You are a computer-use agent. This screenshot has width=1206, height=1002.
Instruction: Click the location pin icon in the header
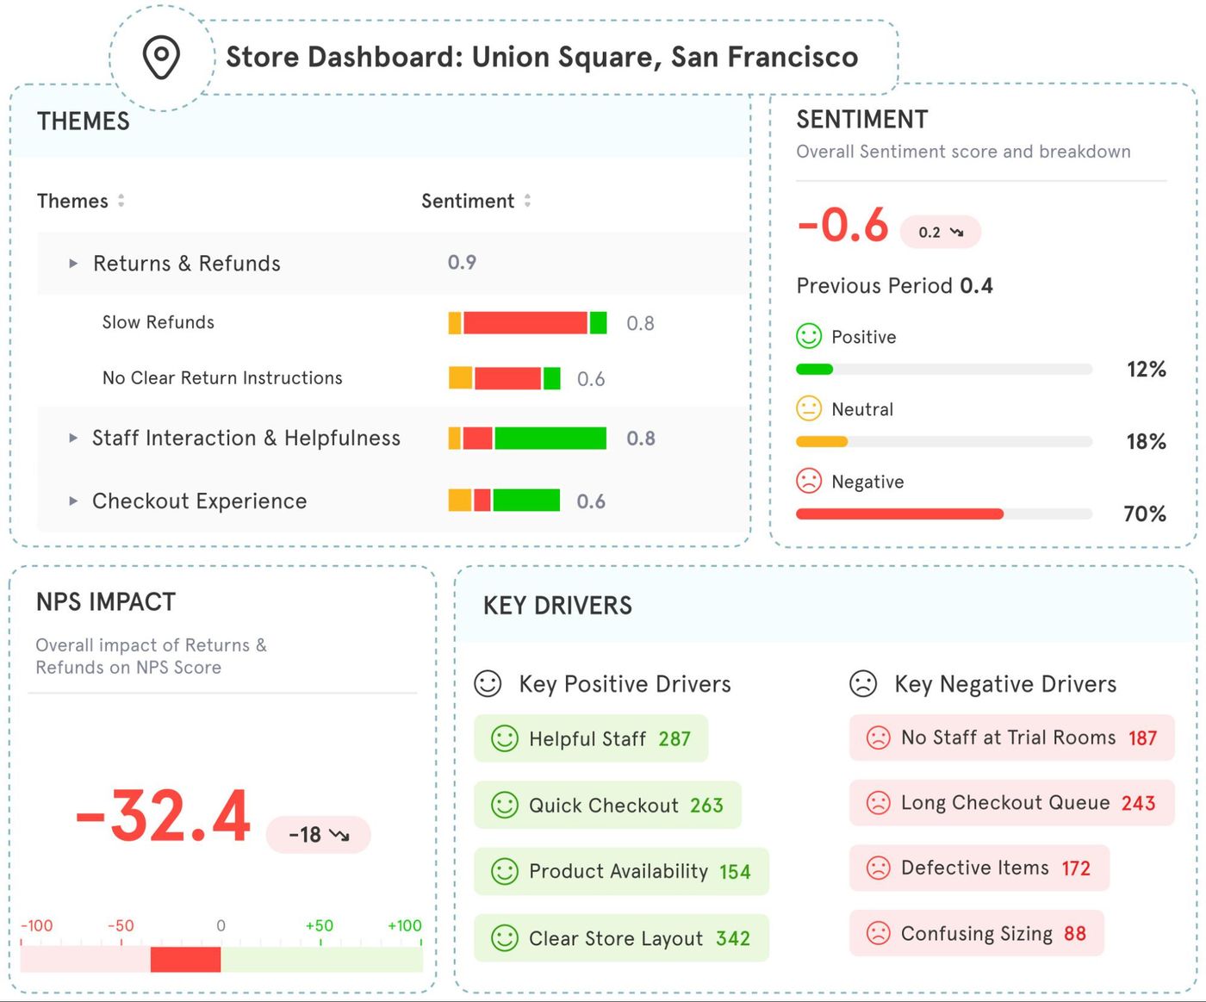pyautogui.click(x=161, y=57)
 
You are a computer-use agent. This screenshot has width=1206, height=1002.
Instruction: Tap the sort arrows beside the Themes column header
pyautogui.click(x=121, y=201)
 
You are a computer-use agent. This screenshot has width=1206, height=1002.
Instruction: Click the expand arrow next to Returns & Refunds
pyautogui.click(x=73, y=264)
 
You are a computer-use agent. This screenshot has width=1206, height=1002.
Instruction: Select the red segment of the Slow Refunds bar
pyautogui.click(x=525, y=323)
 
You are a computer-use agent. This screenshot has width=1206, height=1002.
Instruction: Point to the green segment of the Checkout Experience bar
pyautogui.click(x=525, y=501)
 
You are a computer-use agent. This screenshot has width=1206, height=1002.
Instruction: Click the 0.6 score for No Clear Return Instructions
pyautogui.click(x=591, y=379)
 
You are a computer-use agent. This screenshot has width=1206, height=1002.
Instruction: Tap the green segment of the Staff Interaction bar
pyautogui.click(x=550, y=439)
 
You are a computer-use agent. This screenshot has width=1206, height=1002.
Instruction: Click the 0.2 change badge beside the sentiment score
pyautogui.click(x=940, y=232)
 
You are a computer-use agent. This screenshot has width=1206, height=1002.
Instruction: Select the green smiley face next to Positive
pyautogui.click(x=809, y=336)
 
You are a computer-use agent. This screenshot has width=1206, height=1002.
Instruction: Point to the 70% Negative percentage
pyautogui.click(x=1145, y=514)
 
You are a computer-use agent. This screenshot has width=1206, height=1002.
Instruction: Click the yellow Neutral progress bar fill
pyautogui.click(x=822, y=442)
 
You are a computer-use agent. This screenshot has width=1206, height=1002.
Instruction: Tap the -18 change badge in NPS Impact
pyautogui.click(x=318, y=835)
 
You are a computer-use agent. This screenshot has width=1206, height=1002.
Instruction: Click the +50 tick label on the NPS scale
pyautogui.click(x=320, y=926)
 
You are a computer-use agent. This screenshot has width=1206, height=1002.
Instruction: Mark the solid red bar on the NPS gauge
pyautogui.click(x=185, y=959)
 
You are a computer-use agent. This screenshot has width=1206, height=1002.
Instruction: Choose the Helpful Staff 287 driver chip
pyautogui.click(x=591, y=738)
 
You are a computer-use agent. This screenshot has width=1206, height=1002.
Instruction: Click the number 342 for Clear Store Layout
pyautogui.click(x=733, y=938)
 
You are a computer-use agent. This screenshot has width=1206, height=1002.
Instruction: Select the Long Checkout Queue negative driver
pyautogui.click(x=1011, y=803)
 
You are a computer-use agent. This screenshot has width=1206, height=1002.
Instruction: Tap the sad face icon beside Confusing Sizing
pyautogui.click(x=878, y=933)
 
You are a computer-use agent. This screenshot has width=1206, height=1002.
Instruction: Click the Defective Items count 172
pyautogui.click(x=1076, y=868)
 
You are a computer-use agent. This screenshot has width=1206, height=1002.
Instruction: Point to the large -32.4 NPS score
pyautogui.click(x=164, y=816)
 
